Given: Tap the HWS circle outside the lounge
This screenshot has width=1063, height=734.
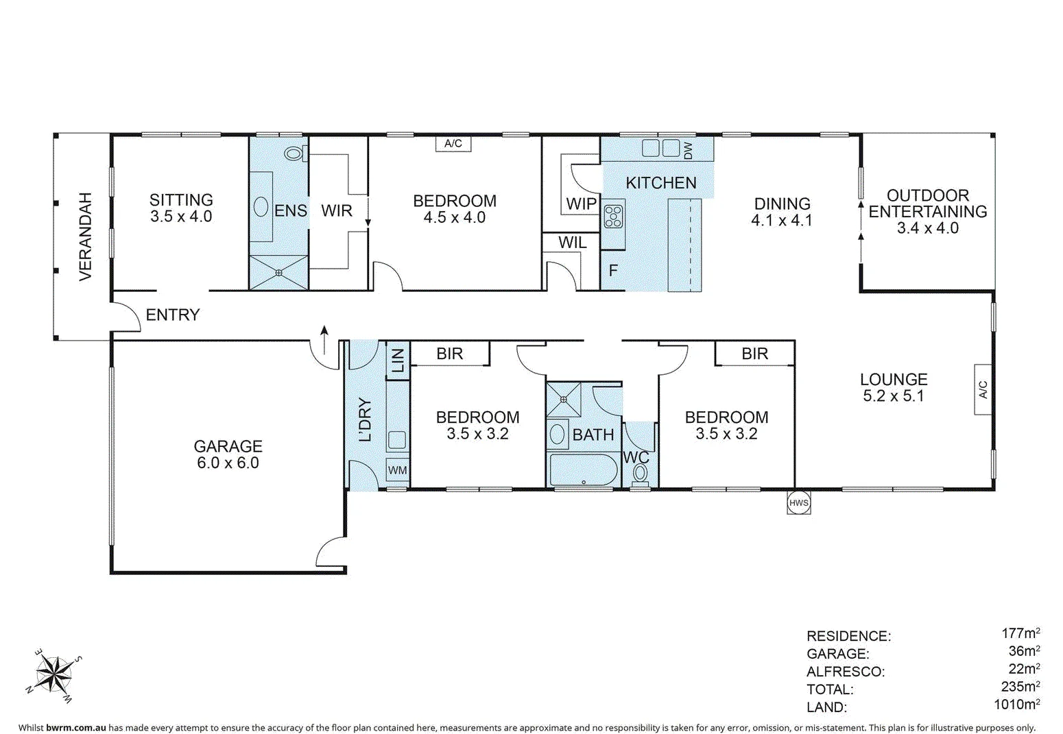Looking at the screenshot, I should pos(798,502).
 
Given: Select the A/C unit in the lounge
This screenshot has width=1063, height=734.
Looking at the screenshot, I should pos(982,389).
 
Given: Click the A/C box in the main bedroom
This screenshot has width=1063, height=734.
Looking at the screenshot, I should pos(453,144).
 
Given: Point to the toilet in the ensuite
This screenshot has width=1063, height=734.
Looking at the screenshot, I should pos(295,153).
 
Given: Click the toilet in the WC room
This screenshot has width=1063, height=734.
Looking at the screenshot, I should pos(640,472).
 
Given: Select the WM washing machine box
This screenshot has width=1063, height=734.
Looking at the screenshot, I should pos(397,470).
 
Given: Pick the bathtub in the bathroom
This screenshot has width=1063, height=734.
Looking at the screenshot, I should pos(583,471).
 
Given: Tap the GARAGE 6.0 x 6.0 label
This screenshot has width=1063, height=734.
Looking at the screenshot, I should pos(228,454).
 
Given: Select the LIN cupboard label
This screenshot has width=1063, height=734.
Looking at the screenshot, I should pos(397,358).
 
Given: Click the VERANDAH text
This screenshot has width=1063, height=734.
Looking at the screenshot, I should pos(84,236).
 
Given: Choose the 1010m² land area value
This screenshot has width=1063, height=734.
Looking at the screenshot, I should pos(1016,704).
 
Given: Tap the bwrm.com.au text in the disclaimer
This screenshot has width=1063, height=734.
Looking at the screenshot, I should pos(75,728).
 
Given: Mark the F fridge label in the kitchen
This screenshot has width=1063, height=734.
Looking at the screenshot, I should pos(613,271).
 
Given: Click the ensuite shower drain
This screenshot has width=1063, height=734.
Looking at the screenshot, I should pos(278,273).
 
